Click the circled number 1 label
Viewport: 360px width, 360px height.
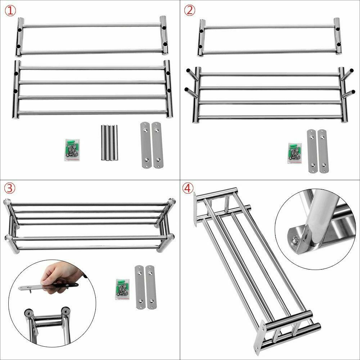[10, 10]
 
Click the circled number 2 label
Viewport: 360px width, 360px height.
[189, 10]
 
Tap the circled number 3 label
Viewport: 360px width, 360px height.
[10, 188]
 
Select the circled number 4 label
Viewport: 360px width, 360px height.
[188, 188]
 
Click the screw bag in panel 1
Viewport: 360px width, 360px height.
[72, 150]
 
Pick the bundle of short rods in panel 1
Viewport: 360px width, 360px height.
[109, 143]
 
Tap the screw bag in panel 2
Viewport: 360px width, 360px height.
[295, 153]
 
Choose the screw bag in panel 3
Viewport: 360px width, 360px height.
[122, 289]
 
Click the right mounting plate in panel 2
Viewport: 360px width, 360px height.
[323, 151]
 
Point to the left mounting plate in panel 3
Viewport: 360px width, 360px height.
[140, 287]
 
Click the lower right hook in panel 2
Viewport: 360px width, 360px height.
[348, 94]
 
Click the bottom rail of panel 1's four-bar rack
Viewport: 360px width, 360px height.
[92, 112]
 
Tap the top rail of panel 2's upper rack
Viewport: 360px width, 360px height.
[269, 27]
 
